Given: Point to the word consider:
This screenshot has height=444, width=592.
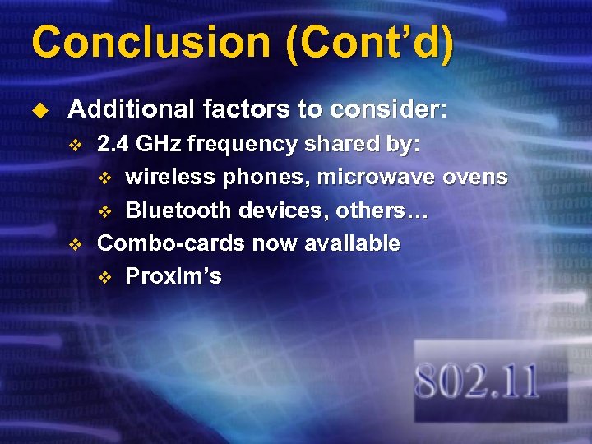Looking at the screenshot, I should coord(389,109).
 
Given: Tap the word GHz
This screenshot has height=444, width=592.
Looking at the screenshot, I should coord(160,145).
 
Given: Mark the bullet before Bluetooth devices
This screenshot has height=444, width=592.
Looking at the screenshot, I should coord(104,211).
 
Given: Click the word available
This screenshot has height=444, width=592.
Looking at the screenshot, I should coord(353,243).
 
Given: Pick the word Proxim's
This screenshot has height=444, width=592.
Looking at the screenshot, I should coord(173,276).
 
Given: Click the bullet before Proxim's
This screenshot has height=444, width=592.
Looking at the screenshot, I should coord(104,277).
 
